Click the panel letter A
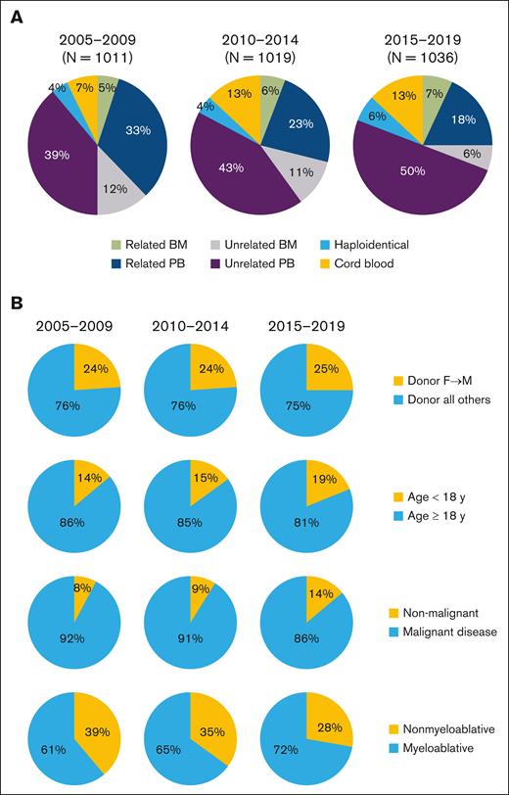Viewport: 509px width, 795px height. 16,16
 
